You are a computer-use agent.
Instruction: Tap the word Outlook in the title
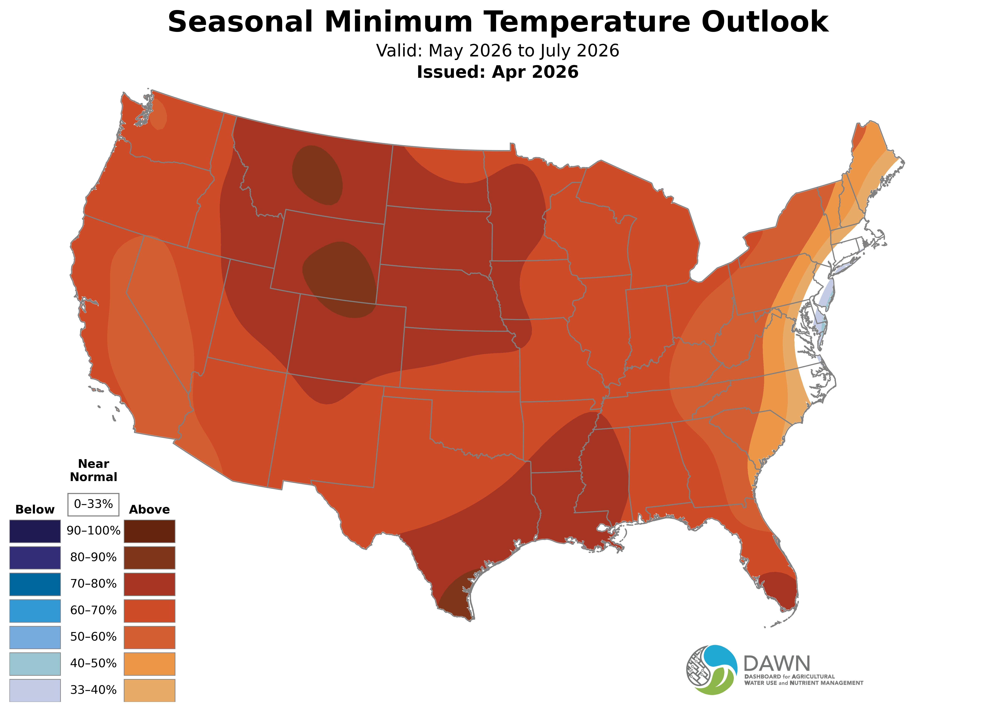click(765, 22)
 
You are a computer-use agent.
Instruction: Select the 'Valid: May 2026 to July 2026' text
click(497, 51)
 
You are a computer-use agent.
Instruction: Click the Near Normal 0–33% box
click(93, 504)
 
